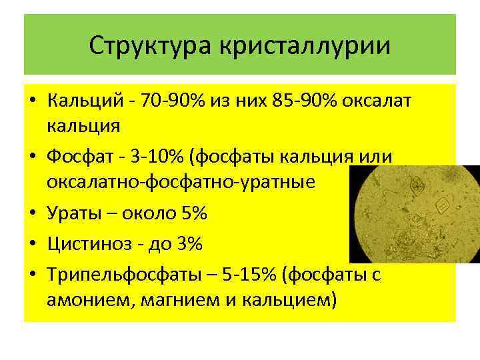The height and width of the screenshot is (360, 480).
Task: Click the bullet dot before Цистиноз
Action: (x=32, y=245)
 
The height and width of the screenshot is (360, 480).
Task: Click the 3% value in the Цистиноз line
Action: (x=188, y=245)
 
